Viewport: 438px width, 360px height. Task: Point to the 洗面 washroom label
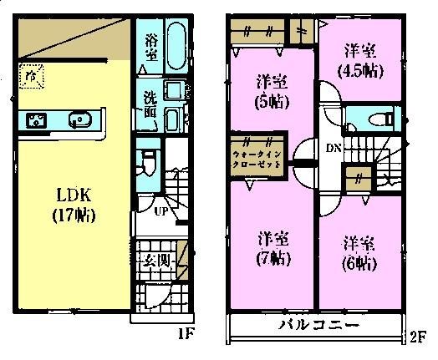[x=150, y=103]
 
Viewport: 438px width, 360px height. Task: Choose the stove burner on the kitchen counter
[x=38, y=122]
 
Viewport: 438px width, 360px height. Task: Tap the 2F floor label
[x=416, y=338]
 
